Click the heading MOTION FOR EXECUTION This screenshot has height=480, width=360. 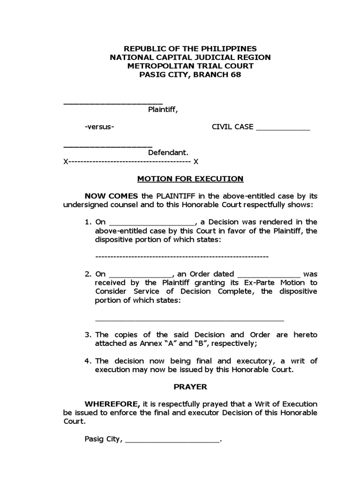click(x=190, y=179)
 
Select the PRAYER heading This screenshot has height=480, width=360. click(x=190, y=387)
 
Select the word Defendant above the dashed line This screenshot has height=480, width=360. click(x=168, y=152)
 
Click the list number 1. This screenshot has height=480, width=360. click(x=87, y=222)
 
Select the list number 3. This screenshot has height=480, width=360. click(x=87, y=335)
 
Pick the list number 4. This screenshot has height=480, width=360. click(x=87, y=360)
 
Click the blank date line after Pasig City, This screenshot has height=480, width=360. click(x=172, y=441)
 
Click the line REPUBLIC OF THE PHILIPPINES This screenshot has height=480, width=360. click(x=190, y=49)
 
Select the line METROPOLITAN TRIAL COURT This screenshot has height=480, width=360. click(x=190, y=66)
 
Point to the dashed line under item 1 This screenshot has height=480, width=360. click(x=181, y=257)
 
